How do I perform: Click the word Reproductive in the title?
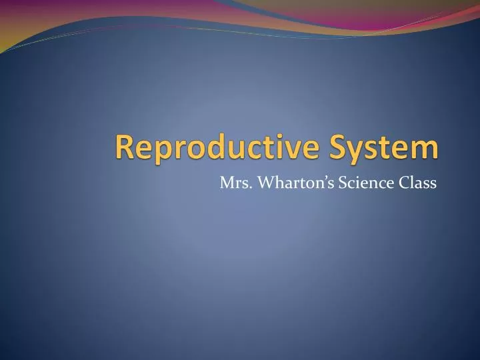(x=217, y=147)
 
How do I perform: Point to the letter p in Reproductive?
(x=158, y=151)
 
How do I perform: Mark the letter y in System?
(x=353, y=151)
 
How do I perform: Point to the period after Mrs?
(x=245, y=187)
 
